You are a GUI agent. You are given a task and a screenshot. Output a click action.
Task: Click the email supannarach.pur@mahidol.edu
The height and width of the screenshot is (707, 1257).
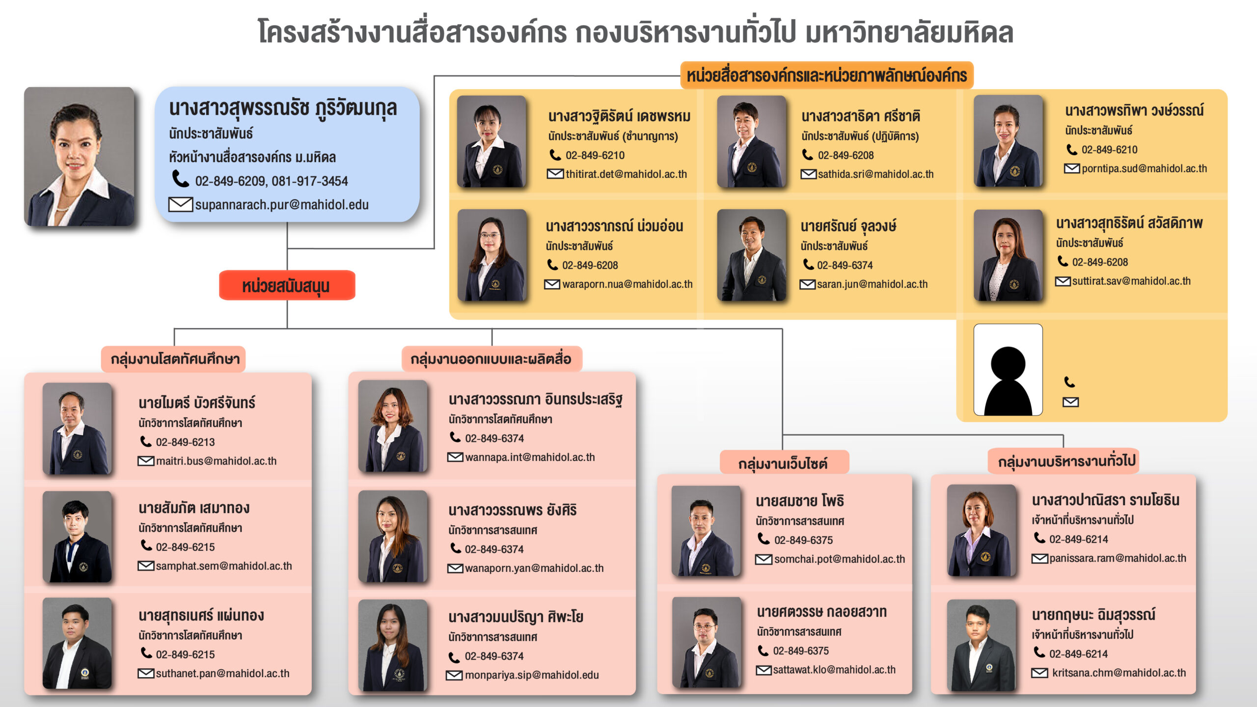click(281, 205)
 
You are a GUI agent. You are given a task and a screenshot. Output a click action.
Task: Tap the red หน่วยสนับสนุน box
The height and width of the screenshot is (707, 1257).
click(287, 286)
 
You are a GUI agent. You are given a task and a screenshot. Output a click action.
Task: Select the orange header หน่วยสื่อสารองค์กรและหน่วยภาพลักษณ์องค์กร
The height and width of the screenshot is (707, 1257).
click(826, 76)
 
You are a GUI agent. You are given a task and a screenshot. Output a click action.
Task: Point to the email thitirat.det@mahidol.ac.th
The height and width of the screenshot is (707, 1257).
click(626, 174)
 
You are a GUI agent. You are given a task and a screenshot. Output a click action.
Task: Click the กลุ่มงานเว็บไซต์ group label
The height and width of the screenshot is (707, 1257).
click(783, 463)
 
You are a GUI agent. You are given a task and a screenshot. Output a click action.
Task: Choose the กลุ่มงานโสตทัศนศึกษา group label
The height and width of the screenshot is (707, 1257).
click(175, 359)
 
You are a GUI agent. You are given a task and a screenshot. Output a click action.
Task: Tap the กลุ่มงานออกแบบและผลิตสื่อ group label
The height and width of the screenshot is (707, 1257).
click(491, 359)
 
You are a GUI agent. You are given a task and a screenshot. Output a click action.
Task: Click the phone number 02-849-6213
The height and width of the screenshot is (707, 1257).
click(185, 442)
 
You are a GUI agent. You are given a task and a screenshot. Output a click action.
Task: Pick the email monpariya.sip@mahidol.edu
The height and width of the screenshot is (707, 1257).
click(532, 675)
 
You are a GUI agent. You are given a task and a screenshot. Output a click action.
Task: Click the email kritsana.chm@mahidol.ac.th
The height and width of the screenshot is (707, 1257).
click(1119, 673)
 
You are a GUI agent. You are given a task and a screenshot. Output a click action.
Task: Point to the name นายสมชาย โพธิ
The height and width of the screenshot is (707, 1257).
click(799, 501)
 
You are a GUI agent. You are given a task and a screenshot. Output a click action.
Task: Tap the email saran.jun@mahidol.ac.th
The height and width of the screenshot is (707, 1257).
click(872, 284)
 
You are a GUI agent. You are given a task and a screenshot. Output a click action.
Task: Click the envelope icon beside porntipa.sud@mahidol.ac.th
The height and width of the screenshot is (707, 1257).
click(1071, 169)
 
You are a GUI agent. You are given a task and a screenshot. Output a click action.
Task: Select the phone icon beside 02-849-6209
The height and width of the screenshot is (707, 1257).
click(181, 179)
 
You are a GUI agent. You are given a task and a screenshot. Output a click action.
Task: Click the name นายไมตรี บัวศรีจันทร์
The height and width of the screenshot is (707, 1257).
click(196, 403)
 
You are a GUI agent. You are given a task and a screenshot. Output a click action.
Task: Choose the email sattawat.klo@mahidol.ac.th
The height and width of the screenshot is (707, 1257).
click(834, 670)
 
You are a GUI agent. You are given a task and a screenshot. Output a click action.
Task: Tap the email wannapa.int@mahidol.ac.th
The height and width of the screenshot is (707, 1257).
click(530, 458)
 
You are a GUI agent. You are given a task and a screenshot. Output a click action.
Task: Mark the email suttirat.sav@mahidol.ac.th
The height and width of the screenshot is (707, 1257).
click(1131, 281)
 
